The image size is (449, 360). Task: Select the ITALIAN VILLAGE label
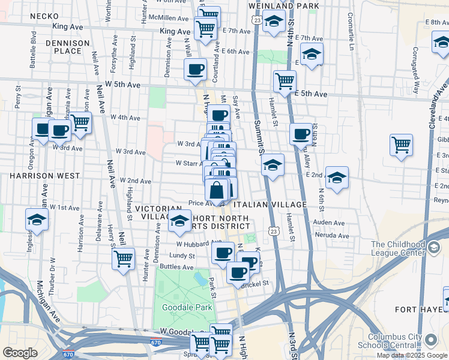coord(274,205)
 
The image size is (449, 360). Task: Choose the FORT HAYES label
coord(420,309)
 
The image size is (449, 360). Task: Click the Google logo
coord(20,353)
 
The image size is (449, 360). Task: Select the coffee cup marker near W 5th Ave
coord(195,70)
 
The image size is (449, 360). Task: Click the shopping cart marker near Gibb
coord(401,144)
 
